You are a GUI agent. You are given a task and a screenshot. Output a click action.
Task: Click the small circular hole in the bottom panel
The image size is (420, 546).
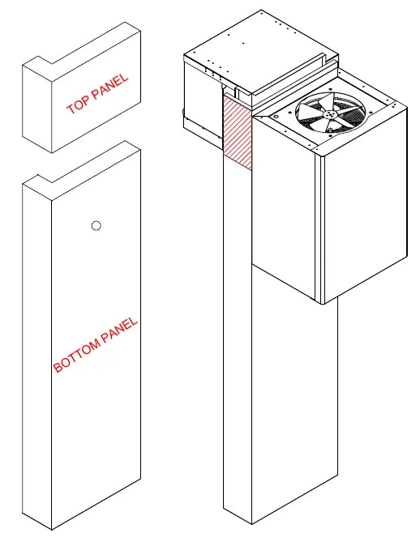[96, 226]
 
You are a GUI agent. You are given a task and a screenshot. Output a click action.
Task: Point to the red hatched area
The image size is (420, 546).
[237, 130]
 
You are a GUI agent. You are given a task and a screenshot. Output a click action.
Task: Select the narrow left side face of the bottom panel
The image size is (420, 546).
[36, 356]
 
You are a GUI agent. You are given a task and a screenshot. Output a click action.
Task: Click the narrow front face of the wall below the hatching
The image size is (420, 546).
[237, 340]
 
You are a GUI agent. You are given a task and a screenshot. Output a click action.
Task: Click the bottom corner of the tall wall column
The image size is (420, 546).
[251, 523]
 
